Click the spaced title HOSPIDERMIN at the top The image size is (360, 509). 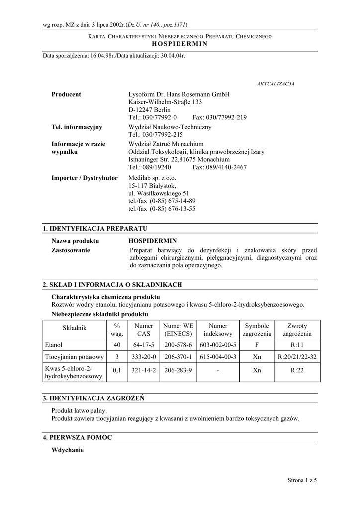[x=180, y=44]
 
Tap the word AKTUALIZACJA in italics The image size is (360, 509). [x=275, y=84]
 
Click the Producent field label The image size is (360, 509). [x=66, y=94]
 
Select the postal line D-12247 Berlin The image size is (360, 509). [x=149, y=110]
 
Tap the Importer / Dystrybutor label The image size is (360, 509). [x=85, y=178]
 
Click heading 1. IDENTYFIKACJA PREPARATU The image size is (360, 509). [x=95, y=228]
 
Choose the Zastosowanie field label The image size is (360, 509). [x=71, y=250]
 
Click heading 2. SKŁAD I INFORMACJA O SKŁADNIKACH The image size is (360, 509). [x=112, y=285]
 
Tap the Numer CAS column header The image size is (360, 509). [x=144, y=330]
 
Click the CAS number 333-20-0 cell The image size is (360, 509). [x=144, y=357]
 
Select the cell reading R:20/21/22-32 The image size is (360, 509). [x=297, y=357]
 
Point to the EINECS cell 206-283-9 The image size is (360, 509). [x=178, y=370]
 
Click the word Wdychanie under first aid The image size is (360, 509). [x=68, y=450]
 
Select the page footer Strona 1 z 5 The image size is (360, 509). [x=302, y=480]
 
